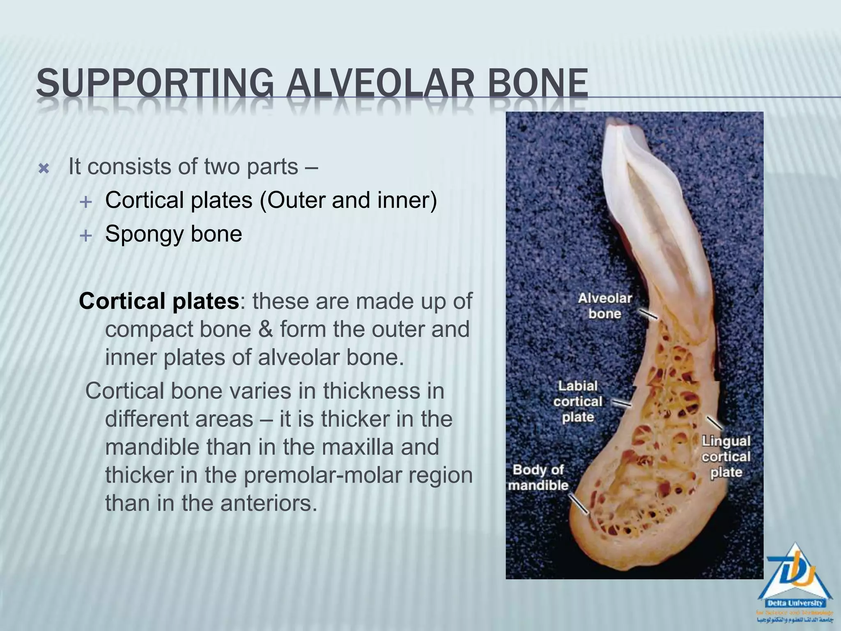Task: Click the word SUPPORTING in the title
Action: point(154,83)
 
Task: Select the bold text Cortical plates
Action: point(159,301)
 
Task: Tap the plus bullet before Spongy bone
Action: point(85,235)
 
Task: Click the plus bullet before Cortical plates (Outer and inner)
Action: point(85,202)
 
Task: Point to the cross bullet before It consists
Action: point(44,169)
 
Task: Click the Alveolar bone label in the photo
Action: point(604,306)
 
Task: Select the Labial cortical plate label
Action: point(578,401)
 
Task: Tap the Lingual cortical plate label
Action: point(726,456)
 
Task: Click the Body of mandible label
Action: point(538,477)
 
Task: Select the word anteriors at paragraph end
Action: point(269,503)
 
